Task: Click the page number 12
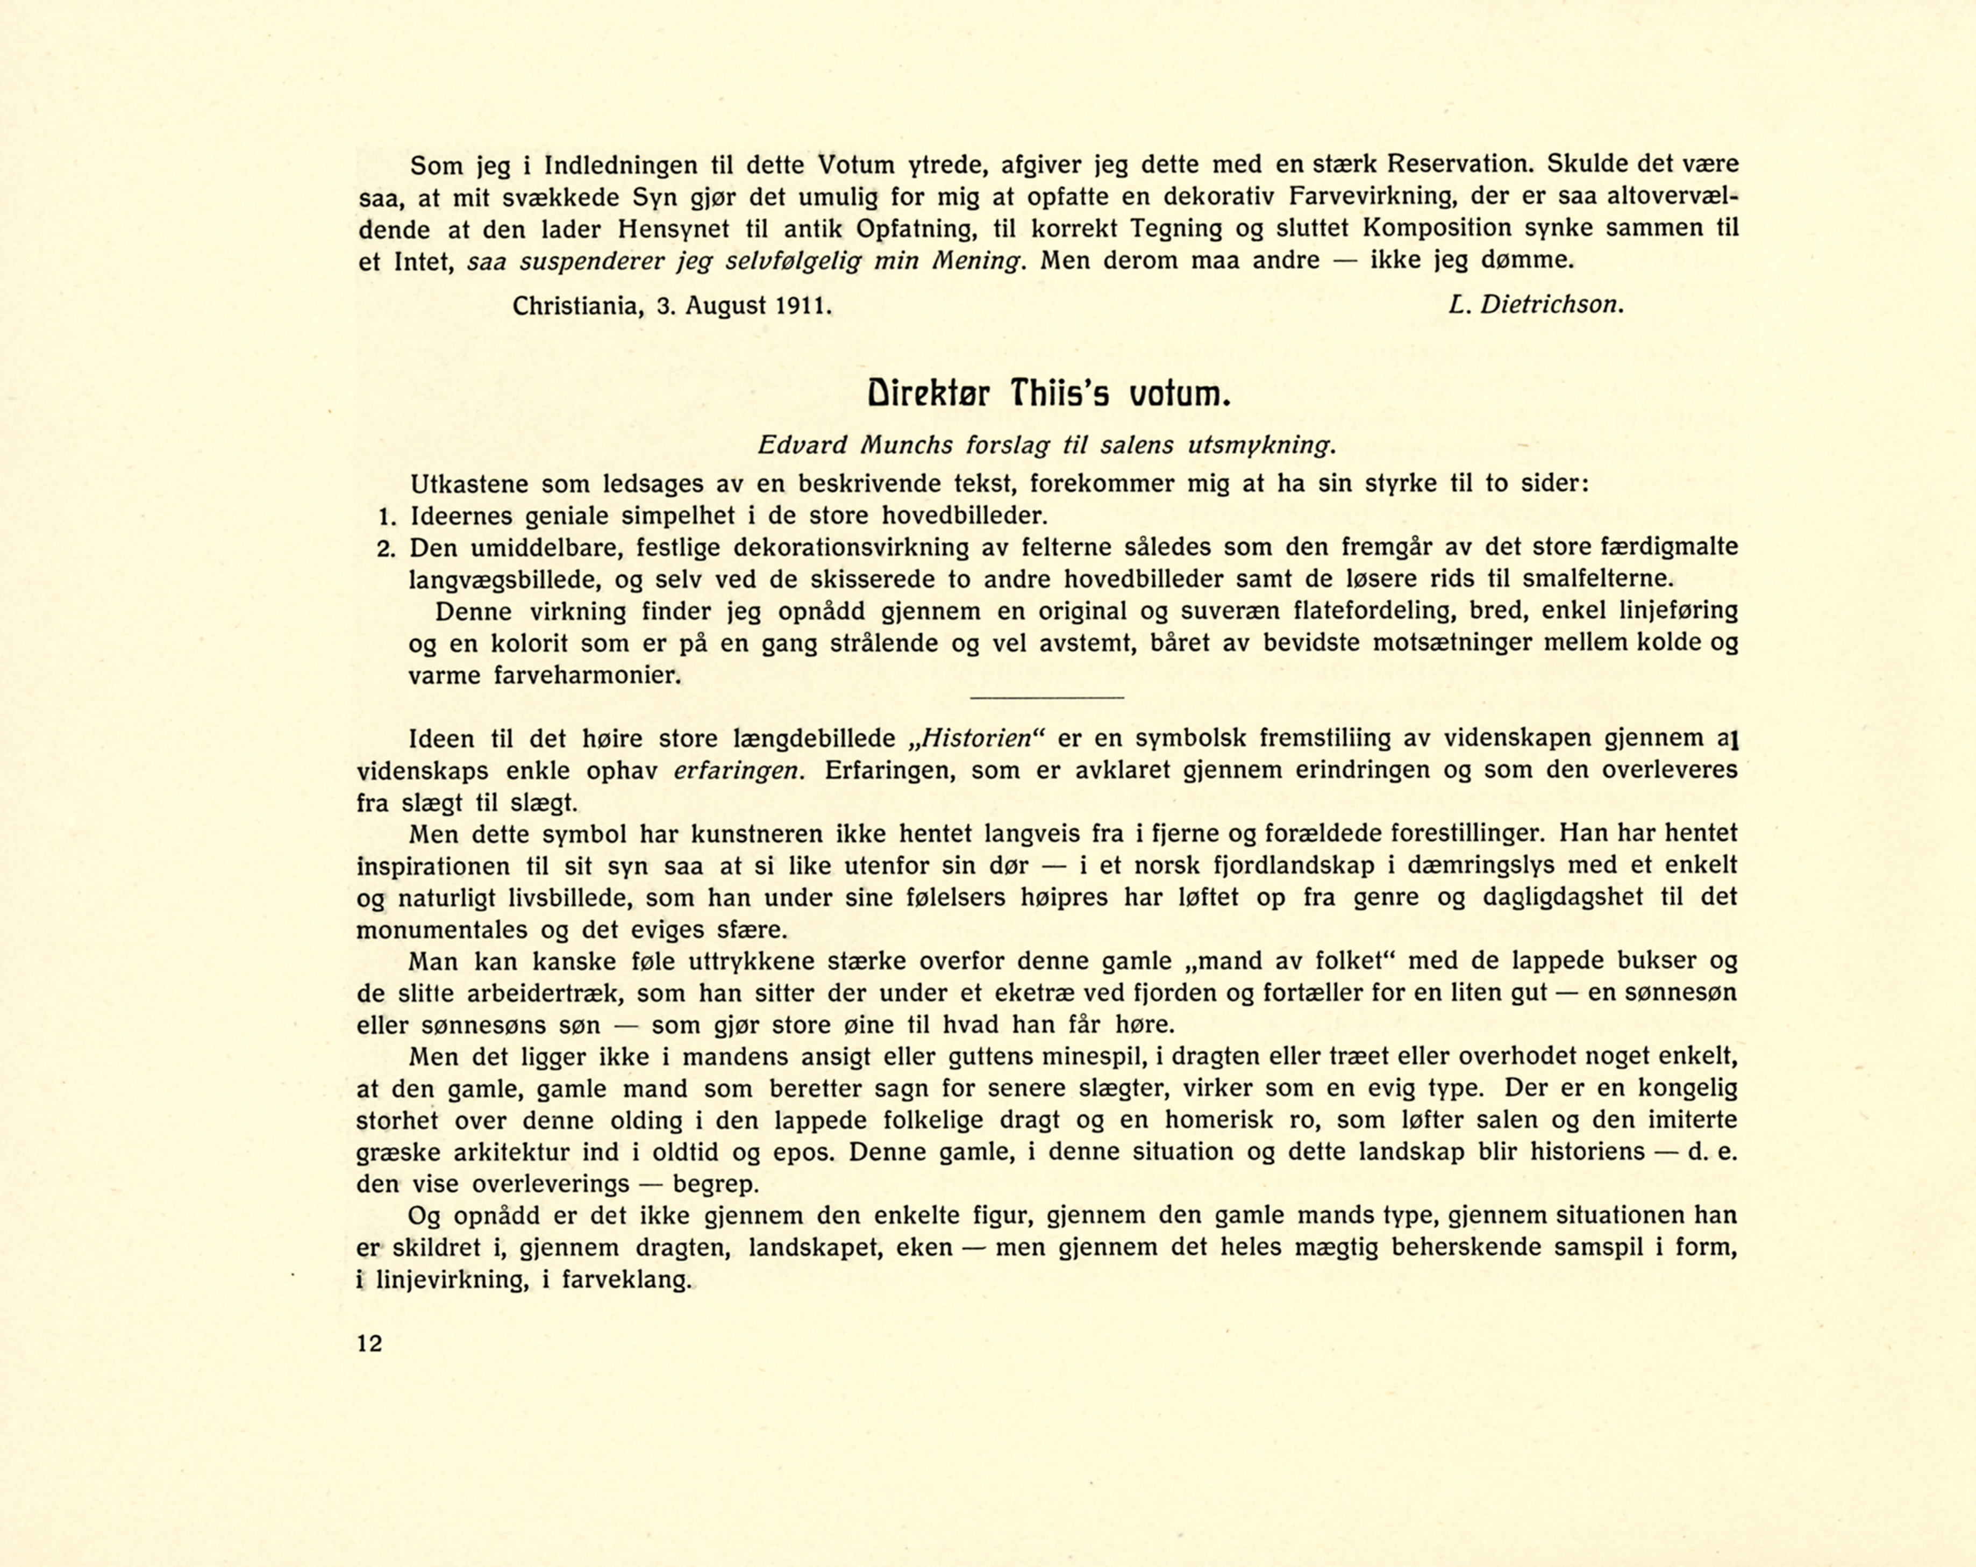tap(369, 1343)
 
